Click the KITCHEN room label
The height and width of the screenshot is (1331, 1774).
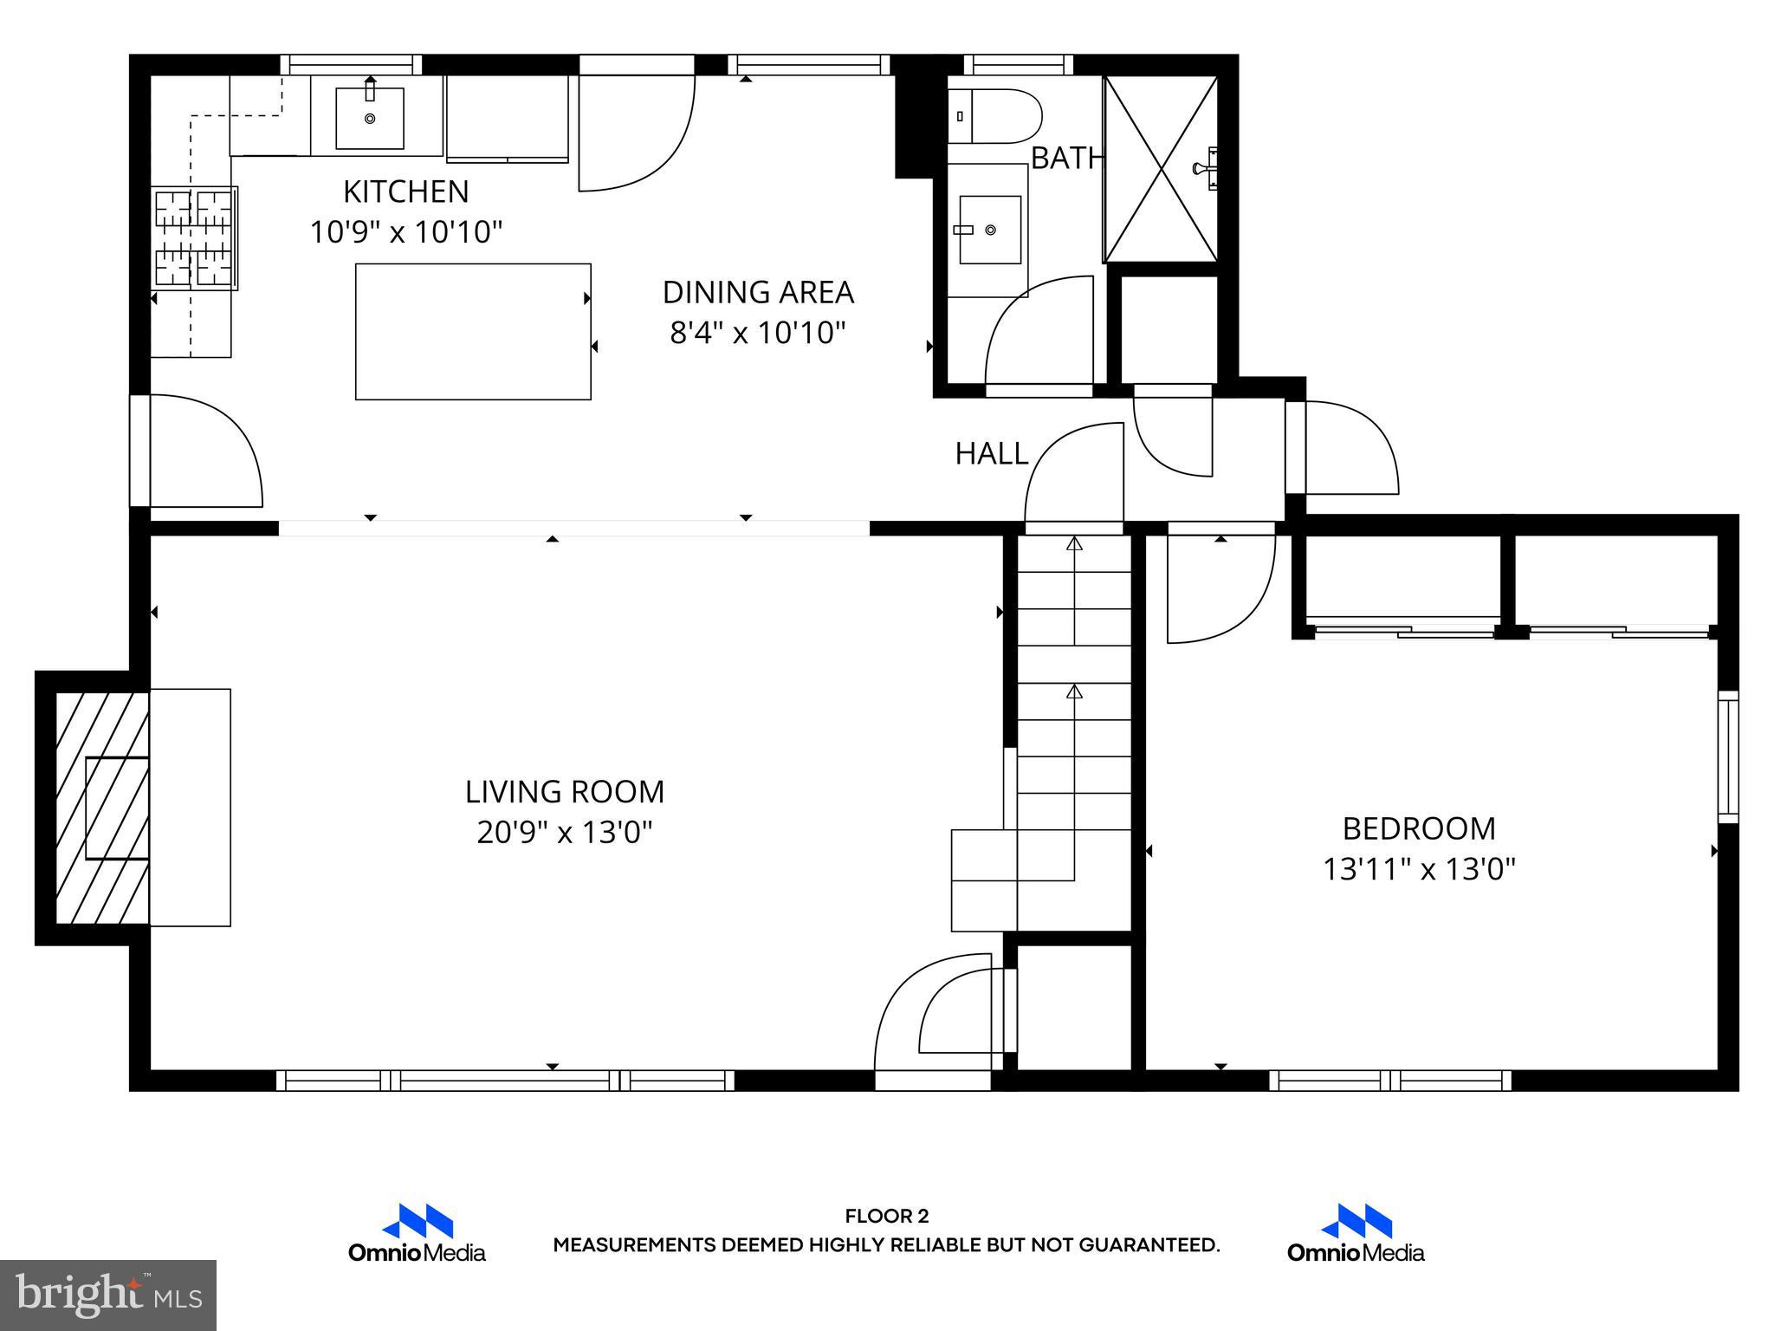pyautogui.click(x=405, y=192)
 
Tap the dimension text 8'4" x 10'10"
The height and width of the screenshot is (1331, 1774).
pyautogui.click(x=757, y=333)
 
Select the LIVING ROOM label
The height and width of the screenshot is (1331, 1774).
pyautogui.click(x=565, y=792)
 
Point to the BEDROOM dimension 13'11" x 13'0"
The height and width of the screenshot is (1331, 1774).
pyautogui.click(x=1419, y=869)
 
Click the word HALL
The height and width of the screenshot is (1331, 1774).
pyautogui.click(x=991, y=453)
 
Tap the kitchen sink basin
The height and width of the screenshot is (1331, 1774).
pyautogui.click(x=370, y=118)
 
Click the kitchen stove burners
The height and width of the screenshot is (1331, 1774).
pyautogui.click(x=194, y=238)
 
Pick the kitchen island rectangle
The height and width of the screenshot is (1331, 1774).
pyautogui.click(x=473, y=332)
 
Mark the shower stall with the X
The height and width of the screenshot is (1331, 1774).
pyautogui.click(x=1161, y=169)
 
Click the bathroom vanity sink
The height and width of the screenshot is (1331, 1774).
pyautogui.click(x=988, y=230)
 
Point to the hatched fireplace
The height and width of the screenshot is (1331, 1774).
pyautogui.click(x=100, y=808)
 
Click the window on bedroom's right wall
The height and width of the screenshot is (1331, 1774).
pyautogui.click(x=1728, y=756)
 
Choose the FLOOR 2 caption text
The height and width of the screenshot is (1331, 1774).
pyautogui.click(x=886, y=1217)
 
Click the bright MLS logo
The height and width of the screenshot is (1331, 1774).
pyautogui.click(x=108, y=1295)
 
